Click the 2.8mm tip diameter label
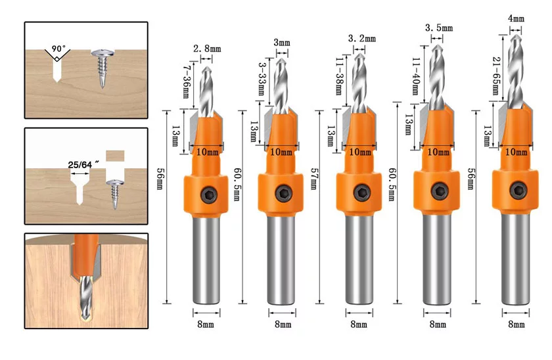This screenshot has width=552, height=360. click(207, 49)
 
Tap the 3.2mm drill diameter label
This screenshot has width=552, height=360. click(362, 38)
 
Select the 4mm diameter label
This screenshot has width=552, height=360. click(516, 18)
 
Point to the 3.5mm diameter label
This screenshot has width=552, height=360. click(439, 28)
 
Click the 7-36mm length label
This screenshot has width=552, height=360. click(187, 81)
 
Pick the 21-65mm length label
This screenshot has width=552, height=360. click(496, 76)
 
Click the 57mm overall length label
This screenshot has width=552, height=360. click(314, 179)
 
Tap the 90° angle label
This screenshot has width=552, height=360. click(58, 49)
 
